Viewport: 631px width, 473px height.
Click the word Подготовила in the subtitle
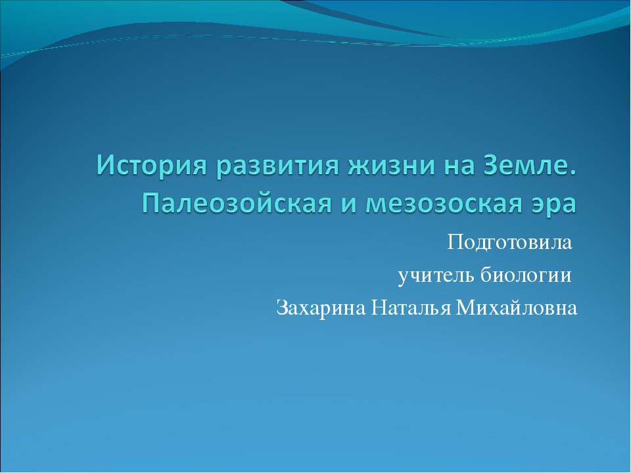point(509,244)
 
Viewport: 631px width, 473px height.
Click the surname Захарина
point(321,307)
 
